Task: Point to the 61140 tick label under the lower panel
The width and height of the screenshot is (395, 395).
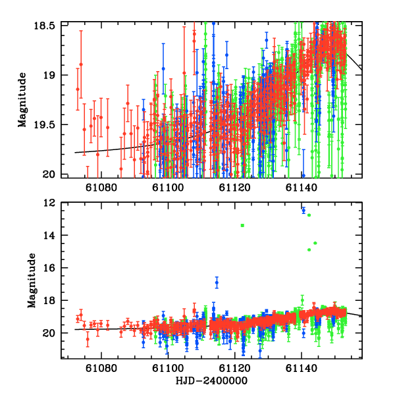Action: click(x=301, y=369)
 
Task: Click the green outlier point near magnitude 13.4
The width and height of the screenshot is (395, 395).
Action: click(x=243, y=225)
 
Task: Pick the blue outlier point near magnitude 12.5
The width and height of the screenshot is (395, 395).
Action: click(x=303, y=211)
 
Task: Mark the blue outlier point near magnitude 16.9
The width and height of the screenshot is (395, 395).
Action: click(x=217, y=282)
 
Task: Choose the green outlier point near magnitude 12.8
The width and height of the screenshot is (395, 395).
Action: click(x=309, y=215)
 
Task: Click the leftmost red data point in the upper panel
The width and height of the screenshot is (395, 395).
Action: click(x=78, y=89)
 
